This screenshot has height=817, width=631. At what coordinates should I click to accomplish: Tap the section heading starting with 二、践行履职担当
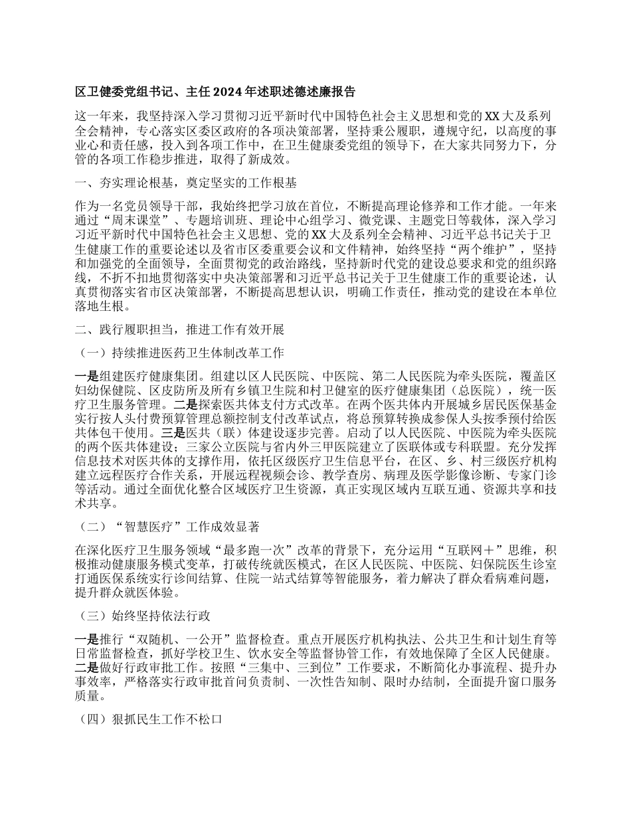click(179, 329)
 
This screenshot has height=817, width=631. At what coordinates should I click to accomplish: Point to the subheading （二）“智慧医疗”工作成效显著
click(169, 527)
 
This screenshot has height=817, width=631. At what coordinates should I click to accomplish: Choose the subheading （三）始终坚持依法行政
click(143, 615)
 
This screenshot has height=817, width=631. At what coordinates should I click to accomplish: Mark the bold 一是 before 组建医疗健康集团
click(86, 375)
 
